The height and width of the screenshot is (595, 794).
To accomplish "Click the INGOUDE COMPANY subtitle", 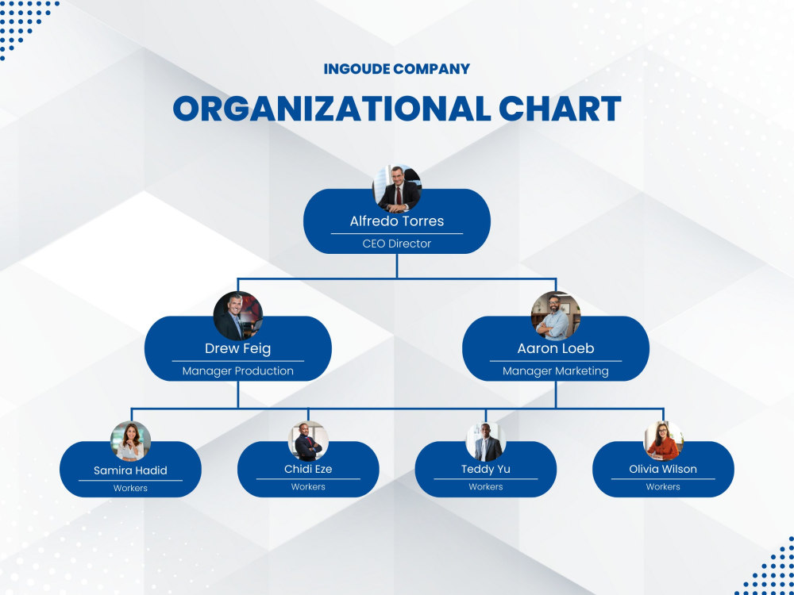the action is [x=396, y=68].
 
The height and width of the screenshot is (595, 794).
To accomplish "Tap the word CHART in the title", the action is [x=560, y=108].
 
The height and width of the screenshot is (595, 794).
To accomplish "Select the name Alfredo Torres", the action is [x=396, y=221].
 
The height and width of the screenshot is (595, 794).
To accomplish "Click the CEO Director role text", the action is [x=396, y=244].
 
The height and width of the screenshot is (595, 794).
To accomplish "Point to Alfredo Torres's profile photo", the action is [x=397, y=188].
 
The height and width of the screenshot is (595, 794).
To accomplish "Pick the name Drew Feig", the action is [x=238, y=348].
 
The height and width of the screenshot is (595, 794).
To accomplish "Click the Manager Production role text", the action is [x=238, y=370].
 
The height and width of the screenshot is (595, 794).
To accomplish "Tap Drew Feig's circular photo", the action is [x=238, y=316].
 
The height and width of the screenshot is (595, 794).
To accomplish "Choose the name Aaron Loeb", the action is [x=556, y=348].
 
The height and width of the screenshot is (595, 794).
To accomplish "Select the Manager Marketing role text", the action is [x=556, y=370].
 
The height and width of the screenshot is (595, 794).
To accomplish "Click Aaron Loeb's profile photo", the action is [x=556, y=316].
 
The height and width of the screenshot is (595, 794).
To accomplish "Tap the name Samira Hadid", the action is [x=130, y=470].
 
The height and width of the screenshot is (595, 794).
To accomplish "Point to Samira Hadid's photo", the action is [x=131, y=441].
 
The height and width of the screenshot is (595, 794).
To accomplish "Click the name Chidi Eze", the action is [x=308, y=469].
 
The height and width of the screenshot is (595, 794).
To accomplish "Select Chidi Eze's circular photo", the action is [x=308, y=441].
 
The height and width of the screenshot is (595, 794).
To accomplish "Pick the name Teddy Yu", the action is [x=486, y=469].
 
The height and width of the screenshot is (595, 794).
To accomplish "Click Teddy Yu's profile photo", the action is [x=486, y=441].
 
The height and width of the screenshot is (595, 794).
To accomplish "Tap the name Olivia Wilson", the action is [x=663, y=469].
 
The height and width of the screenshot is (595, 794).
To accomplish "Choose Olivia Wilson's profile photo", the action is [x=663, y=441].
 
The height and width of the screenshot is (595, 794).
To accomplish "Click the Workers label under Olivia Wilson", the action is [x=663, y=487].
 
